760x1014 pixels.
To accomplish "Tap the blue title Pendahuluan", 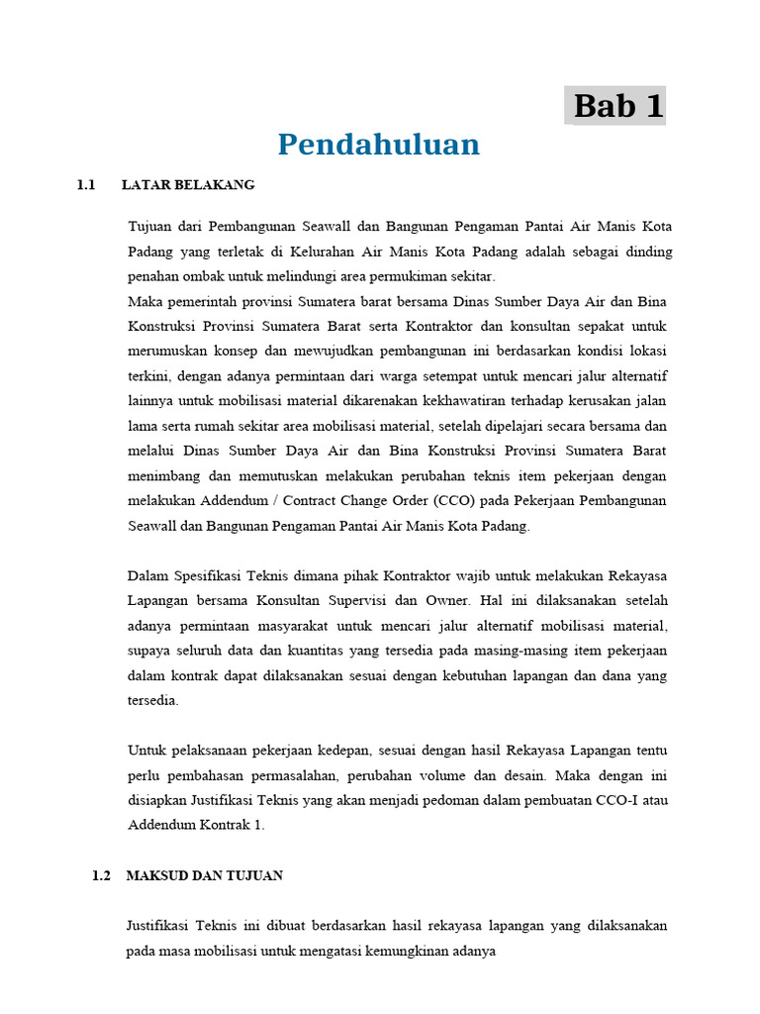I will pos(378,145).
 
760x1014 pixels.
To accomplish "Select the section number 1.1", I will pos(85,185).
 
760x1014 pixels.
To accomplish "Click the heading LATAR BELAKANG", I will pos(188,185).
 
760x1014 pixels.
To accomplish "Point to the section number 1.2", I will pos(100,875).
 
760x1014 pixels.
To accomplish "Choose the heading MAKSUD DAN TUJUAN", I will pos(205,875).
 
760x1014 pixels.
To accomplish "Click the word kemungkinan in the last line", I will pos(407,951).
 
